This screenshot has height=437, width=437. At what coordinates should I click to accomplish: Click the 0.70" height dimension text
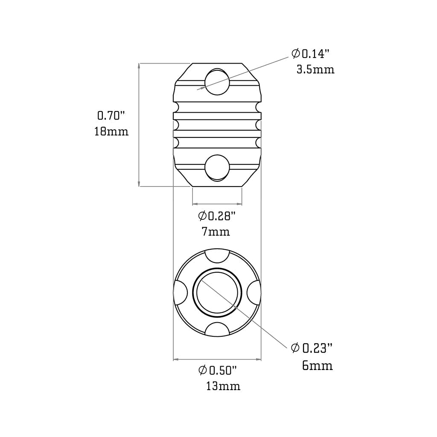[x=111, y=115]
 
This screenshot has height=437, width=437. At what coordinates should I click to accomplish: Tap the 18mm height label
[x=111, y=131]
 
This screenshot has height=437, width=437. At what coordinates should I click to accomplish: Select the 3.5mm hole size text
[x=315, y=70]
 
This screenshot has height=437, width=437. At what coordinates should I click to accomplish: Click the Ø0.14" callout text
[x=311, y=54]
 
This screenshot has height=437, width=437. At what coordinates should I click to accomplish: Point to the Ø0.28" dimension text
[x=217, y=216]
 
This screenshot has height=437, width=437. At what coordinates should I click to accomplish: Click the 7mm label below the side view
[x=216, y=232]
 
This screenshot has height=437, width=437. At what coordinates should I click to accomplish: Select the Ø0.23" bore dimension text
[x=312, y=349]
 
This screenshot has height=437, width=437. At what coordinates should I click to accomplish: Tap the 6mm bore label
[x=317, y=366]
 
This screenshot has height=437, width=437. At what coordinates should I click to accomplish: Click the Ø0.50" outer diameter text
[x=218, y=370]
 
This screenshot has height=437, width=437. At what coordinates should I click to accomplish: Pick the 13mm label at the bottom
[x=223, y=387]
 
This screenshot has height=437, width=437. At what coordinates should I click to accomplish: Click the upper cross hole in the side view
[x=217, y=81]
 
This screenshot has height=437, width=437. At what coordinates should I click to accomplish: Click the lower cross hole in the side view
[x=217, y=167]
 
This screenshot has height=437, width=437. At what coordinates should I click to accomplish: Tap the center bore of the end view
[x=218, y=292]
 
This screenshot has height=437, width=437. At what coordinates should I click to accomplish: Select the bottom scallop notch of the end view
[x=217, y=329]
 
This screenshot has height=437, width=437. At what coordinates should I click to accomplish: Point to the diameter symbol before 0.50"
[x=203, y=370]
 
